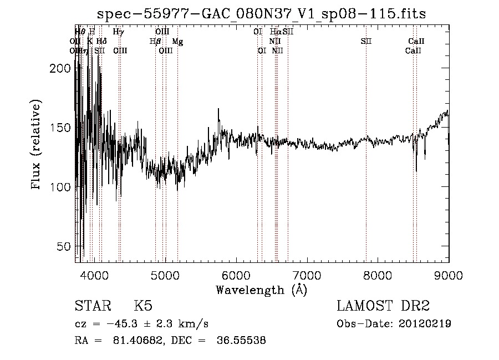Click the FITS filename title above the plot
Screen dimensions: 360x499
click(261, 14)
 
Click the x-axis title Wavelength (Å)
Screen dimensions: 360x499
click(261, 289)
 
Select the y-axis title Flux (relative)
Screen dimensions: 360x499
click(37, 145)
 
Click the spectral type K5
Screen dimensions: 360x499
click(143, 306)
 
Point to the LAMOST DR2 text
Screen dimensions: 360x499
click(383, 306)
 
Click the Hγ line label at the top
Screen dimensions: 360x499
click(118, 32)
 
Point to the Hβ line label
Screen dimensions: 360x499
click(155, 42)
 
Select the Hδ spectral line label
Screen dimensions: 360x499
click(101, 42)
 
